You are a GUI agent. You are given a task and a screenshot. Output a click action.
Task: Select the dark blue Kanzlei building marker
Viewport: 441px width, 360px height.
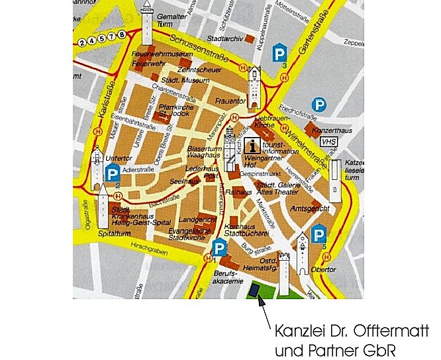pos(254,290)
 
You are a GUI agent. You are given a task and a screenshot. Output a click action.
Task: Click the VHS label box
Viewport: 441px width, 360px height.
pos(328,142)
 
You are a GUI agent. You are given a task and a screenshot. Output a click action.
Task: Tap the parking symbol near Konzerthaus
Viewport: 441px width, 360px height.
pos(320,105)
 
